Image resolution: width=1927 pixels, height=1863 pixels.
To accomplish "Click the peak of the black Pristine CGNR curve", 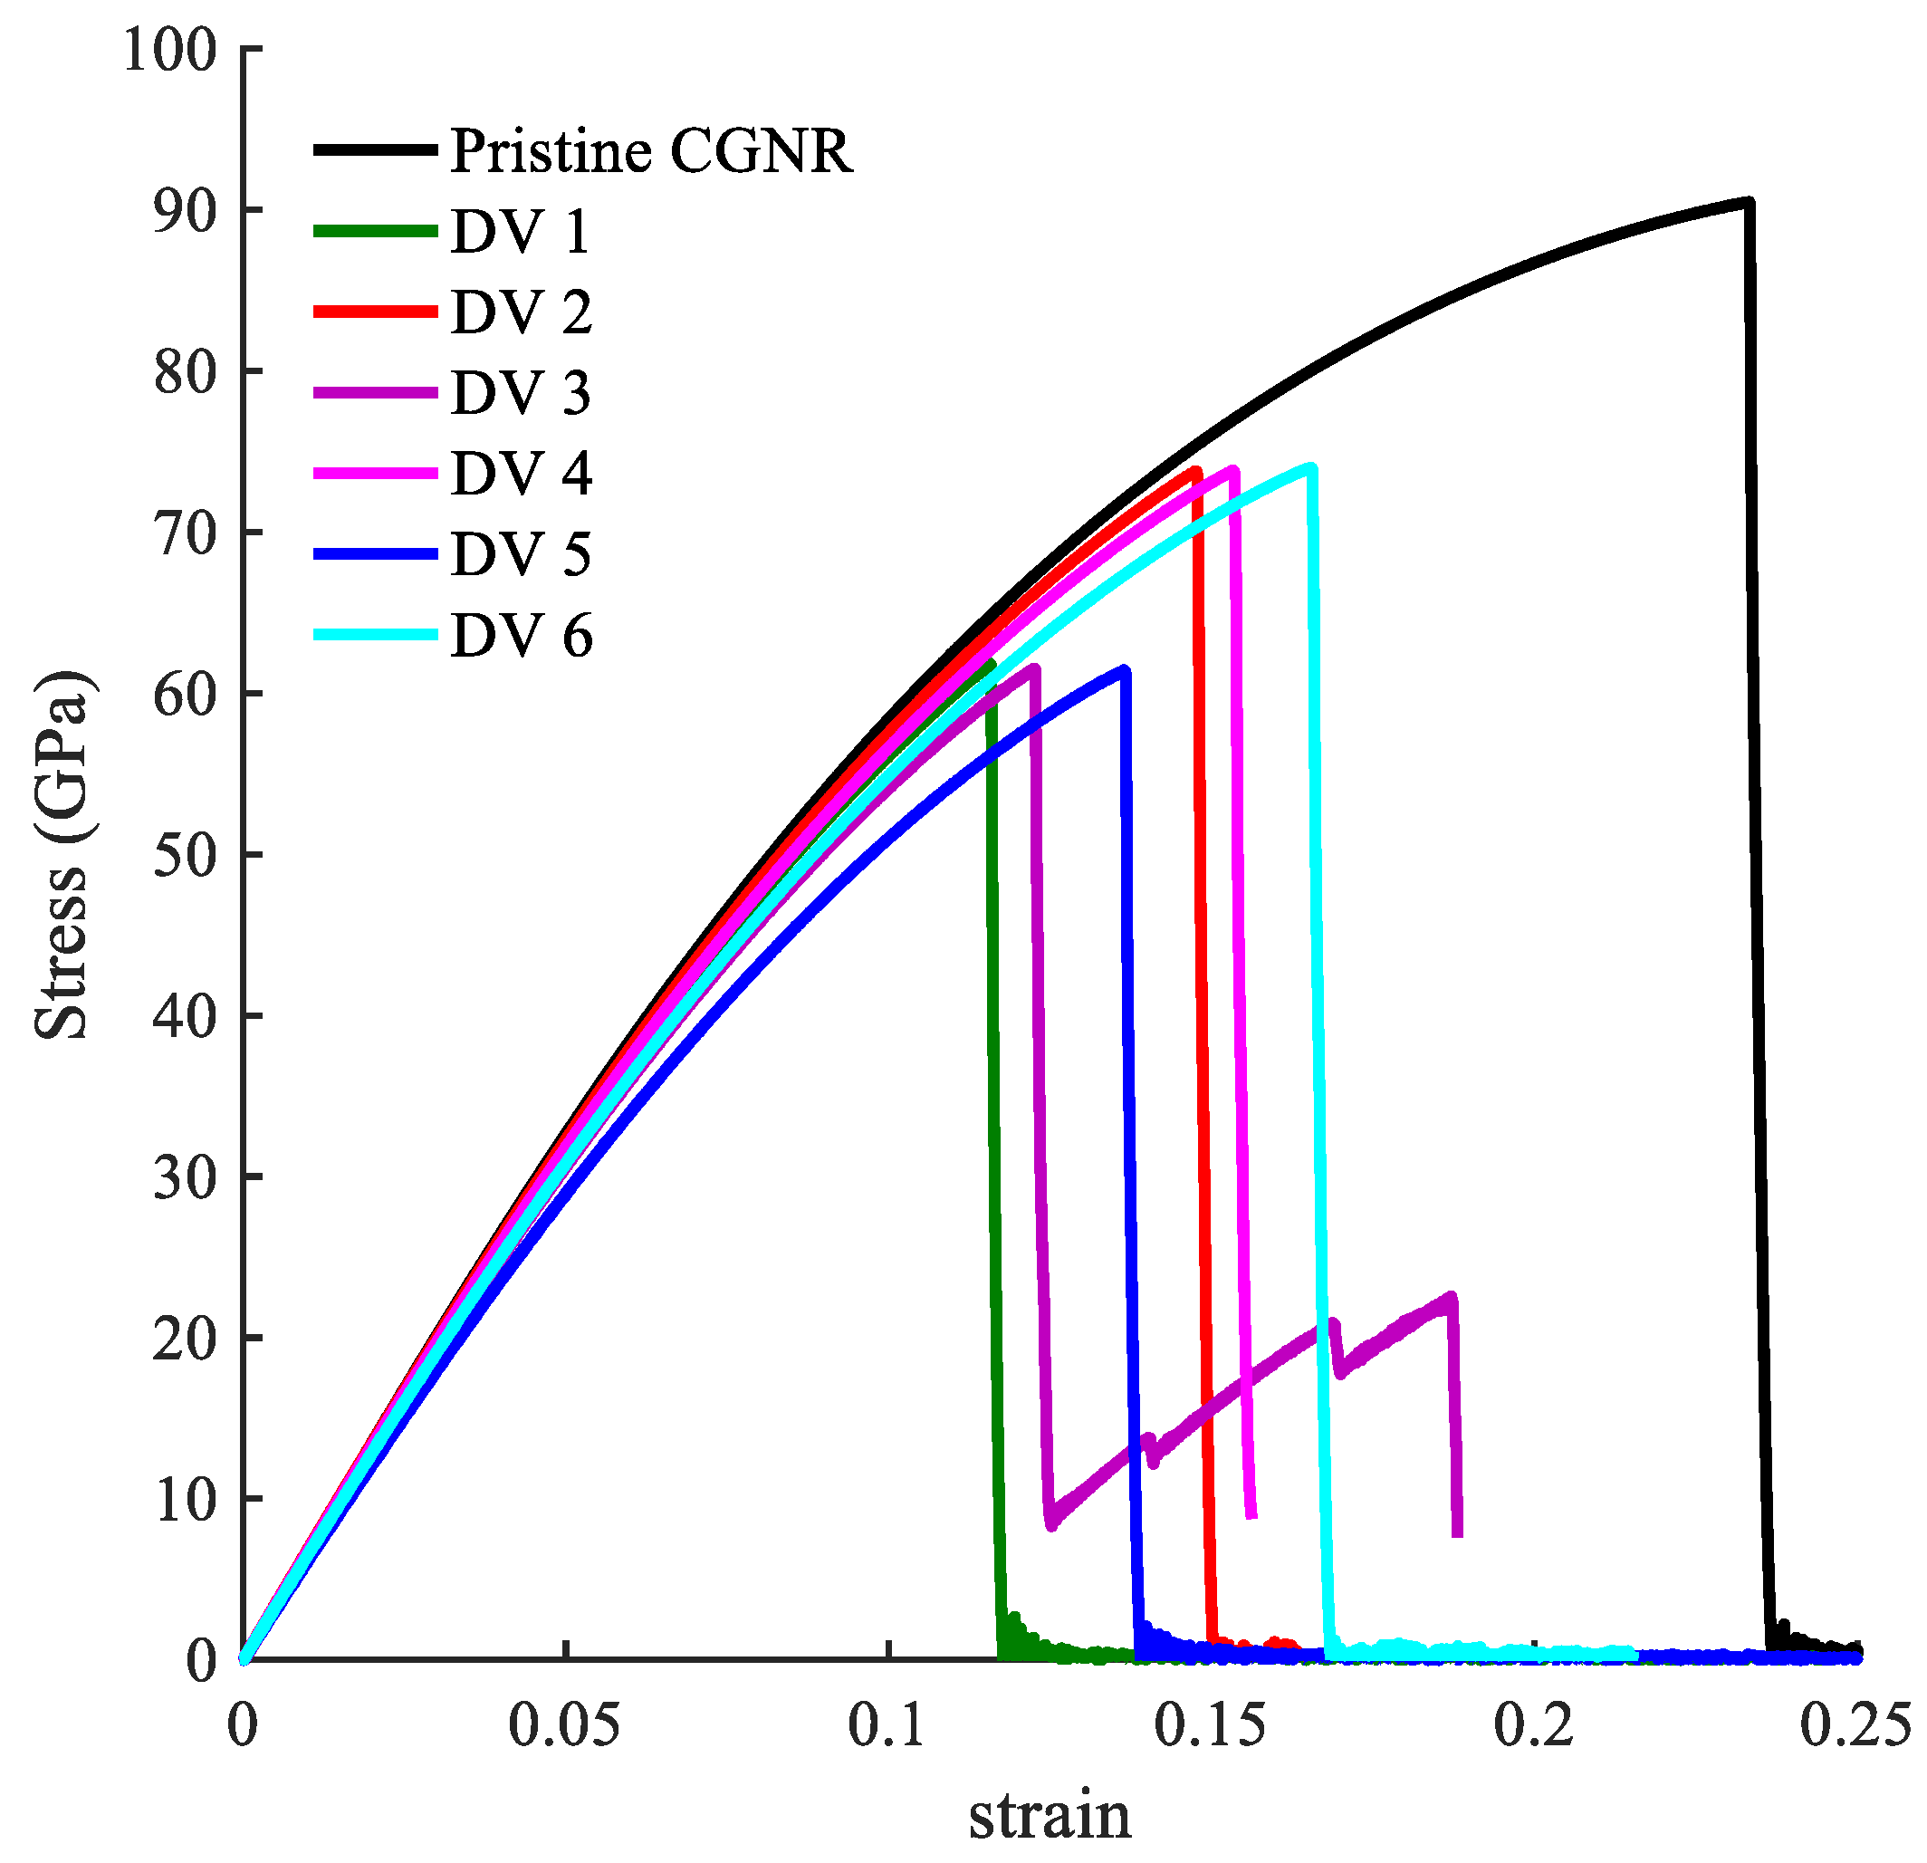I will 1748,203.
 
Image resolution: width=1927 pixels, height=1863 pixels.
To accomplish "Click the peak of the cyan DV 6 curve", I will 1311,468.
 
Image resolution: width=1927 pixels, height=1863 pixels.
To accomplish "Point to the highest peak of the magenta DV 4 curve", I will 1234,470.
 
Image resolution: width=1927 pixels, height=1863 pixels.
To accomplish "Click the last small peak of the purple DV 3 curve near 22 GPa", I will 1452,1298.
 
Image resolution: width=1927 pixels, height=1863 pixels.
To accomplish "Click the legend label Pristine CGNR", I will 651,151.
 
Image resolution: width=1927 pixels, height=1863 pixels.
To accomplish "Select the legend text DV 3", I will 521,393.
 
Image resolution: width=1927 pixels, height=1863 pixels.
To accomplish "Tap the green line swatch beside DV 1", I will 376,231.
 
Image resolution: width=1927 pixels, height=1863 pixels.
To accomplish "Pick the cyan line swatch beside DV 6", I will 376,635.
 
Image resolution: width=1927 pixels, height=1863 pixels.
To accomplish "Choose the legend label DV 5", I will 521,554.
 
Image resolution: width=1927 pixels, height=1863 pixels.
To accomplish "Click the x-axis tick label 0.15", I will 1211,1726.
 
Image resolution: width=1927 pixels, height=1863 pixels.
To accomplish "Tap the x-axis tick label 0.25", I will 1855,1726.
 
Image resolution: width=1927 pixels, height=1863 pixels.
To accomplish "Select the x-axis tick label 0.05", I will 564,1726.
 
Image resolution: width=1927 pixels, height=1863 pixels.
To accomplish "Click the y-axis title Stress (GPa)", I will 61,853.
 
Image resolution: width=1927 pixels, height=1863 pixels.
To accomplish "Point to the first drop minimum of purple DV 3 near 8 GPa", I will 1052,1525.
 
